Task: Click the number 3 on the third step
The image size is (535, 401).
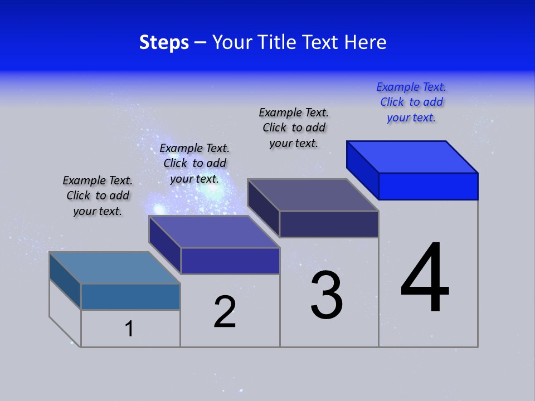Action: tap(327, 295)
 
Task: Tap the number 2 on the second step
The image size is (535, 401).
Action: tap(225, 312)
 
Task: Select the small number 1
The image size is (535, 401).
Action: tap(129, 329)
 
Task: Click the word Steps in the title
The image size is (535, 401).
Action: tap(164, 42)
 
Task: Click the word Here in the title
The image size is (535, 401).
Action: tap(364, 42)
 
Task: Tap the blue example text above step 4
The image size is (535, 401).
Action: tap(411, 102)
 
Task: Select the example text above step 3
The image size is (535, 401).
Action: tap(294, 128)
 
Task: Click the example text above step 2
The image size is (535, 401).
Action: tap(194, 163)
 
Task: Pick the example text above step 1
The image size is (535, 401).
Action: tap(98, 195)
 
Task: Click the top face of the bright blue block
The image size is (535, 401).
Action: tap(412, 157)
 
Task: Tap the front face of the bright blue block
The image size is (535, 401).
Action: tap(428, 186)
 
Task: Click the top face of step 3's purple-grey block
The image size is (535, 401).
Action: tap(313, 195)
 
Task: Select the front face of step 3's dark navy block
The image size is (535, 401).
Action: tap(329, 224)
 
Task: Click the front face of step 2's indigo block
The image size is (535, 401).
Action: tap(230, 261)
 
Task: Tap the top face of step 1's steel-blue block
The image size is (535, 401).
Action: tap(115, 268)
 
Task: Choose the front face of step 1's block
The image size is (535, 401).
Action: tap(130, 296)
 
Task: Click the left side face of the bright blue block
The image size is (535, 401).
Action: tap(362, 167)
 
